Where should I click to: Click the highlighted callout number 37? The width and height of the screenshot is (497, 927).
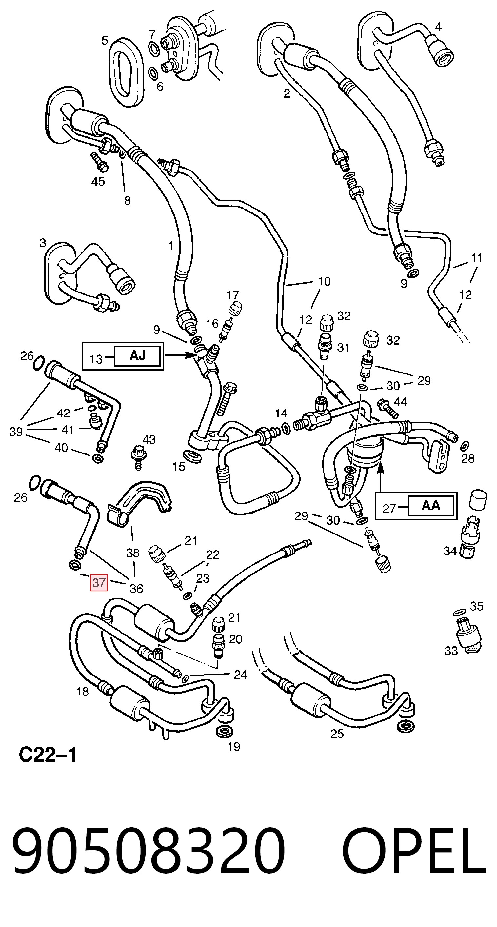point(99,583)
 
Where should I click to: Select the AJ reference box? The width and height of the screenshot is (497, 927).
point(137,356)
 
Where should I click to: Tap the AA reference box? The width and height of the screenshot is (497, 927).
point(430,506)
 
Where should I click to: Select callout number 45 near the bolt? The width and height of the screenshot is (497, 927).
point(98,181)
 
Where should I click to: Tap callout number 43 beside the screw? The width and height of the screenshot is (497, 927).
point(149,439)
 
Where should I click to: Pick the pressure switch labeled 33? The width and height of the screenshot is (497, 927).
point(468,636)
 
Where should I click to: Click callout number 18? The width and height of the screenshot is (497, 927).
point(82,691)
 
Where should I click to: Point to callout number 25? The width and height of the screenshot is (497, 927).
point(337,734)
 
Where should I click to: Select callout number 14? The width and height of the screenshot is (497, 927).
point(281,413)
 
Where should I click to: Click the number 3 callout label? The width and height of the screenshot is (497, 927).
point(43,243)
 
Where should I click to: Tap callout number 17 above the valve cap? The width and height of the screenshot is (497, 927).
point(233,295)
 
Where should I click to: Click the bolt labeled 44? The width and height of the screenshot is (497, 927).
point(388,409)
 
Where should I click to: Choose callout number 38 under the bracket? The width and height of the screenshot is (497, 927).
point(133,553)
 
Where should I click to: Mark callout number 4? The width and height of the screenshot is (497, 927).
point(438,26)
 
